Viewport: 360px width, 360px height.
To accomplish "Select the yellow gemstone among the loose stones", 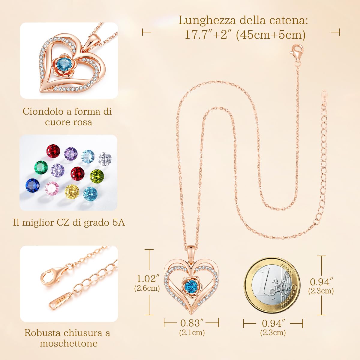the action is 72,191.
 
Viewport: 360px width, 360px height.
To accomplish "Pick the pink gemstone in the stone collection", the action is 52,188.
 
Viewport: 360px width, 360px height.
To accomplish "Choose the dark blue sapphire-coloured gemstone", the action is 33,186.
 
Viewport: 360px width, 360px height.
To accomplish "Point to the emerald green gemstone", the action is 41,167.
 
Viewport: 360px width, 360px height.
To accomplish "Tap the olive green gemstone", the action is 97,175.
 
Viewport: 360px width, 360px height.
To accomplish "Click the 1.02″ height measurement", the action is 147,279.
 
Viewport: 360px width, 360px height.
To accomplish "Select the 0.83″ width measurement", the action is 192,323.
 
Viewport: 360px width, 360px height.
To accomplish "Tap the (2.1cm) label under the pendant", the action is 192,332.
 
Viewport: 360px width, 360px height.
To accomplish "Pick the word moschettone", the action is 69,343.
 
